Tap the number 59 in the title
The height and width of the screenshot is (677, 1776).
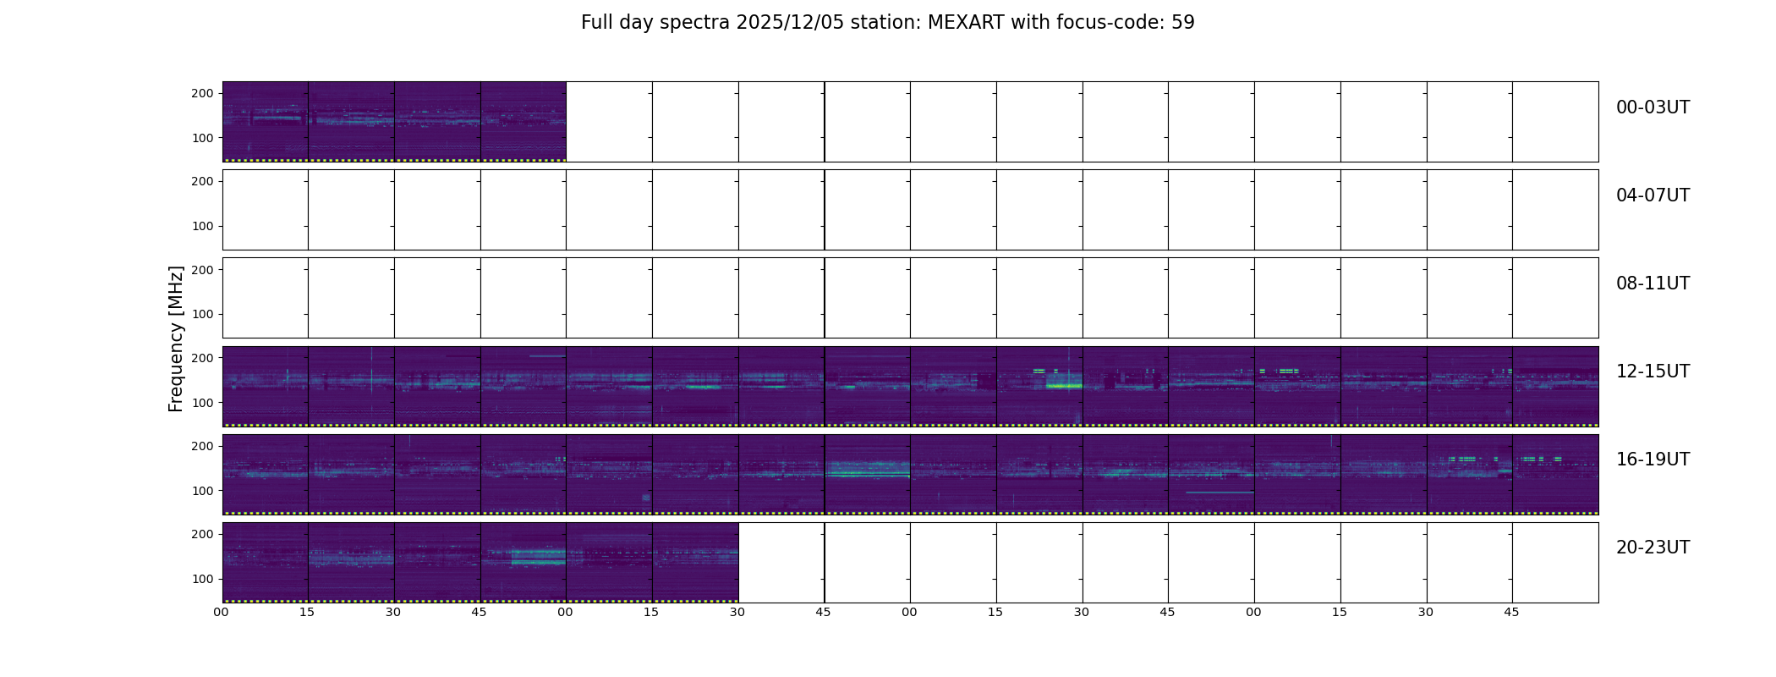1183,23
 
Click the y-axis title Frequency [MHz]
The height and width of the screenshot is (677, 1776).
176,338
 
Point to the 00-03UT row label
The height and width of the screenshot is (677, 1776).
1653,107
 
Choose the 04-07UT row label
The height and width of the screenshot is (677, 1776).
1653,195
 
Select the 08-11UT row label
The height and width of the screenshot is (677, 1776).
1653,283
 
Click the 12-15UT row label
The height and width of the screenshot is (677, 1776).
1653,372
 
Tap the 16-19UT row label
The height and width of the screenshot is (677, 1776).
1653,460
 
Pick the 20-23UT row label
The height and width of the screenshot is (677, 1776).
1653,548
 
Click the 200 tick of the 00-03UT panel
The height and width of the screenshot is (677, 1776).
202,94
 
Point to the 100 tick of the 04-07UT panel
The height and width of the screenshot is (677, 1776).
202,226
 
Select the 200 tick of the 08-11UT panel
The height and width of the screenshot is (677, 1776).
202,270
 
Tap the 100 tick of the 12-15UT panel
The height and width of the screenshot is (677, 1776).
202,403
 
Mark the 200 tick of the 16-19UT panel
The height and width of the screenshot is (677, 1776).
202,446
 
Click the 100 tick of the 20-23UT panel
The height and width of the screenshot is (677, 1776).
202,579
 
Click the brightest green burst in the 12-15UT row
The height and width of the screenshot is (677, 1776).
1064,386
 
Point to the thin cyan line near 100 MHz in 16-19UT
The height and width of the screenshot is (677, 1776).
1220,493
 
